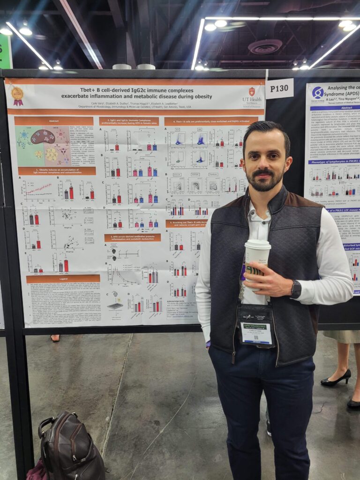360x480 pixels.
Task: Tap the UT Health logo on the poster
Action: [x=252, y=94]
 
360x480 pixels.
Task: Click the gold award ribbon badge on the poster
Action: [x=17, y=95]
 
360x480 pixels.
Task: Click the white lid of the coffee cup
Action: [x=257, y=245]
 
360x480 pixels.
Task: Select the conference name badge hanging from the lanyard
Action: [x=255, y=326]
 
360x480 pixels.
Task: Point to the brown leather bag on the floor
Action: [x=70, y=445]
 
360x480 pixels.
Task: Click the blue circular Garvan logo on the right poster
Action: [x=318, y=92]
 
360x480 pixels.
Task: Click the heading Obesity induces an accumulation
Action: [x=57, y=171]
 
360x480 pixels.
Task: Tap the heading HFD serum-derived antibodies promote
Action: [x=132, y=238]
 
